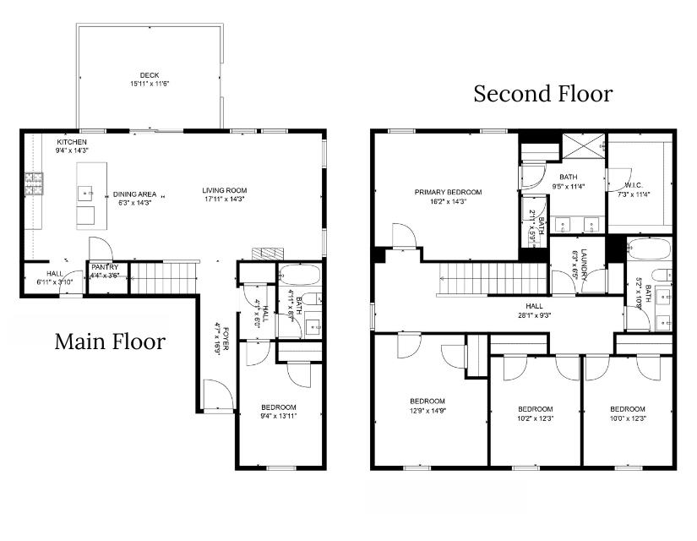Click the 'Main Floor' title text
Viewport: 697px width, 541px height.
coord(110,342)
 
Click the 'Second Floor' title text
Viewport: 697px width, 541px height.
coord(542,94)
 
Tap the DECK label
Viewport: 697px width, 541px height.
coord(150,75)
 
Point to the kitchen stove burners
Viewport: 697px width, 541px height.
coord(34,183)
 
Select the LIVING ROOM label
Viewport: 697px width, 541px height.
coord(224,190)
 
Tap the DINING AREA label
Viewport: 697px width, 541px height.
coord(135,194)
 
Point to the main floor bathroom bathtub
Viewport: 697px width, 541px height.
coord(299,276)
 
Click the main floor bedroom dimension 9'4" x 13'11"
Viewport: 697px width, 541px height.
coord(278,416)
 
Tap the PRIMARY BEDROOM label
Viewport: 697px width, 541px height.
coord(448,192)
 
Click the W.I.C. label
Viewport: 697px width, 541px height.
coord(634,185)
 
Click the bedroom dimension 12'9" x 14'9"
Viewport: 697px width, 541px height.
coord(427,411)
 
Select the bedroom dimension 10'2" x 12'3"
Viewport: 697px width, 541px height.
coord(535,418)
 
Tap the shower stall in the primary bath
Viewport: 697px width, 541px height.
coord(580,148)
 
